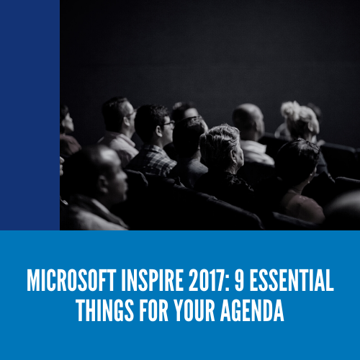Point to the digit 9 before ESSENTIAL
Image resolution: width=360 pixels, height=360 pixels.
click(x=239, y=280)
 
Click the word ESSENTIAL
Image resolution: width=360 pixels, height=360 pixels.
click(x=292, y=280)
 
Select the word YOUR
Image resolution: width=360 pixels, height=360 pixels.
click(x=194, y=310)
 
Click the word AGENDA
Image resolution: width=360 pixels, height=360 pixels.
click(x=252, y=310)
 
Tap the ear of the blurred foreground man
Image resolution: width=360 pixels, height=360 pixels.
click(x=104, y=184)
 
